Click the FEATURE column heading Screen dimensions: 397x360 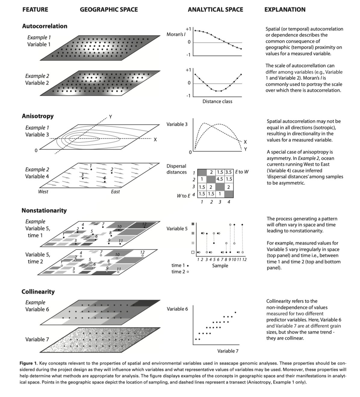point(35,10)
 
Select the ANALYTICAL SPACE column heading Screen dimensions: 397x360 point(215,10)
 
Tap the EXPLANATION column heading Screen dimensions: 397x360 point(285,10)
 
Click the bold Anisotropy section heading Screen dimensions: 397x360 point(38,116)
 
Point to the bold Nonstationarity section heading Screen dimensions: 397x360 point(44,211)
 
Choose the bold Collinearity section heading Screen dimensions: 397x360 point(38,292)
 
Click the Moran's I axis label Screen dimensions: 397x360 point(176,35)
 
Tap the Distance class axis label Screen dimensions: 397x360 point(217,102)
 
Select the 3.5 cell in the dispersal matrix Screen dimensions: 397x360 point(229,172)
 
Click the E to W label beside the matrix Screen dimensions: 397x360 point(242,172)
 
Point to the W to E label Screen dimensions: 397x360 point(184,196)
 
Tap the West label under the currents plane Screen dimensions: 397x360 point(43,192)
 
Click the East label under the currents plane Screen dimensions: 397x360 point(115,192)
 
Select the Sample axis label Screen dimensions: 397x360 point(220,266)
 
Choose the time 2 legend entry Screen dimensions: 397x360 point(180,272)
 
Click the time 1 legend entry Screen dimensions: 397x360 point(180,265)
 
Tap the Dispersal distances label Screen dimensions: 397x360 point(176,169)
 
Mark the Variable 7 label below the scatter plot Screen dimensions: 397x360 point(228,351)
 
